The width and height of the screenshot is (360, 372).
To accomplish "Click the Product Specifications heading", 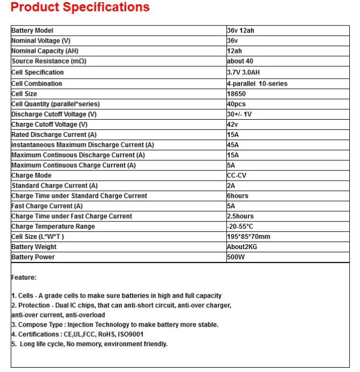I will pos(80,8).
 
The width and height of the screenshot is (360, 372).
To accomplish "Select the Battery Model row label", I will pos(32,31).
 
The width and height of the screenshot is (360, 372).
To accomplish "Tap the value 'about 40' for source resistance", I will pos(240,61).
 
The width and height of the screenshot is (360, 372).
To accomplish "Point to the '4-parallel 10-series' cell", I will pos(257,84).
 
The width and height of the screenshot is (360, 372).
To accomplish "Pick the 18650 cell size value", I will pos(236,94).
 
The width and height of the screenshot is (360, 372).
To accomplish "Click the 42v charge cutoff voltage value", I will pos(232,125).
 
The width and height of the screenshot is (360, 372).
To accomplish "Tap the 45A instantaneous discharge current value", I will pos(233,145).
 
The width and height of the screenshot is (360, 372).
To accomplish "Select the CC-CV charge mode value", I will pos(238,175).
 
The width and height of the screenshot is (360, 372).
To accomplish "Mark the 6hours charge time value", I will pos(238,196).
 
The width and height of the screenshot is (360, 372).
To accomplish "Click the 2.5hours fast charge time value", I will pos(240,216).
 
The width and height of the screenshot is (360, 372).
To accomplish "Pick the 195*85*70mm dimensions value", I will pos(248,237).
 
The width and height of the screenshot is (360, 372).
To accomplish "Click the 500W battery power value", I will pos(236,257).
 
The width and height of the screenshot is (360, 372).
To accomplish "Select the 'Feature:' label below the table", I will pos(24,277).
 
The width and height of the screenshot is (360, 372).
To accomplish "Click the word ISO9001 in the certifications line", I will pos(131,334).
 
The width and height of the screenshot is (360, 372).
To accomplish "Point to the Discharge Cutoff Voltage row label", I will pos(54,114).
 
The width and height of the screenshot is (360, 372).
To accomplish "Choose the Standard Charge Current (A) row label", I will pos(54,185).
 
